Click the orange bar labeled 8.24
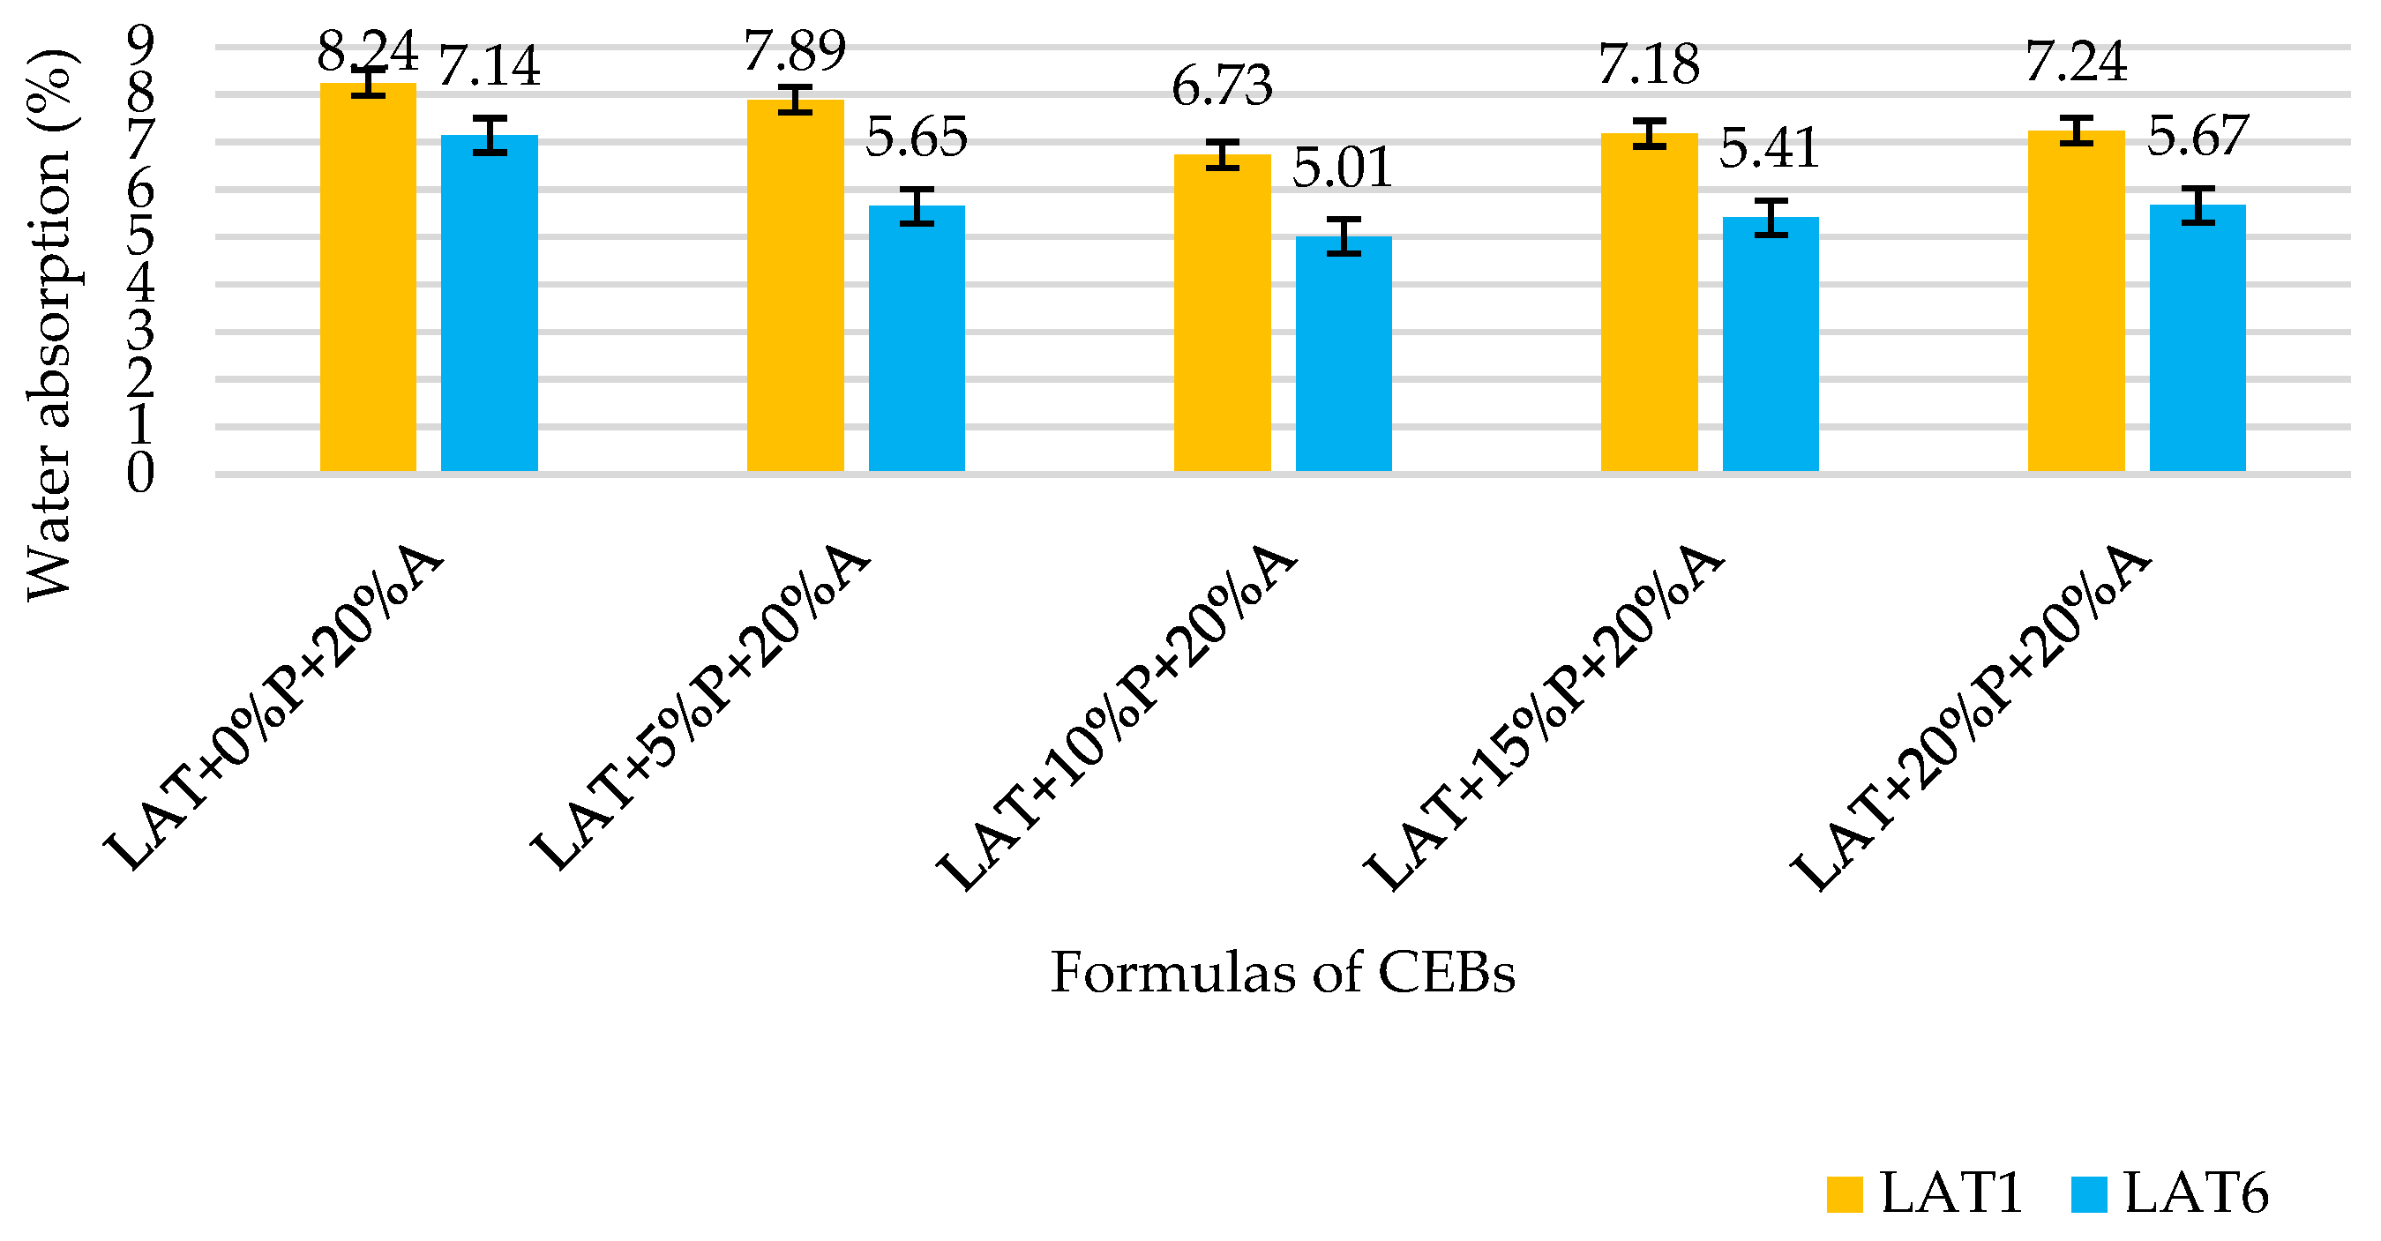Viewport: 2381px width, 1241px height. click(x=368, y=277)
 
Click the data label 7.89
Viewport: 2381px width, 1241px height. click(x=794, y=51)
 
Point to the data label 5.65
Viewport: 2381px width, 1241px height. click(x=916, y=137)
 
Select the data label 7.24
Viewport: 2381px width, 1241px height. click(x=2075, y=62)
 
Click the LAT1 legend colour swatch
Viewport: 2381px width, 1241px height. click(x=1844, y=1194)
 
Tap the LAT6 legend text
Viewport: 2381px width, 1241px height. click(x=2196, y=1193)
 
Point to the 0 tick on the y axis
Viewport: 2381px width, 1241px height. click(x=140, y=473)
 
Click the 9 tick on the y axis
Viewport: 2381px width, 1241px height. click(x=140, y=41)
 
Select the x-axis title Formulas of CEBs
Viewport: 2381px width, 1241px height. click(x=1282, y=973)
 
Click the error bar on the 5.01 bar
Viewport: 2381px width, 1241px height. click(x=1343, y=235)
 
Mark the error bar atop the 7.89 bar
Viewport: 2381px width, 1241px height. click(x=794, y=100)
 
